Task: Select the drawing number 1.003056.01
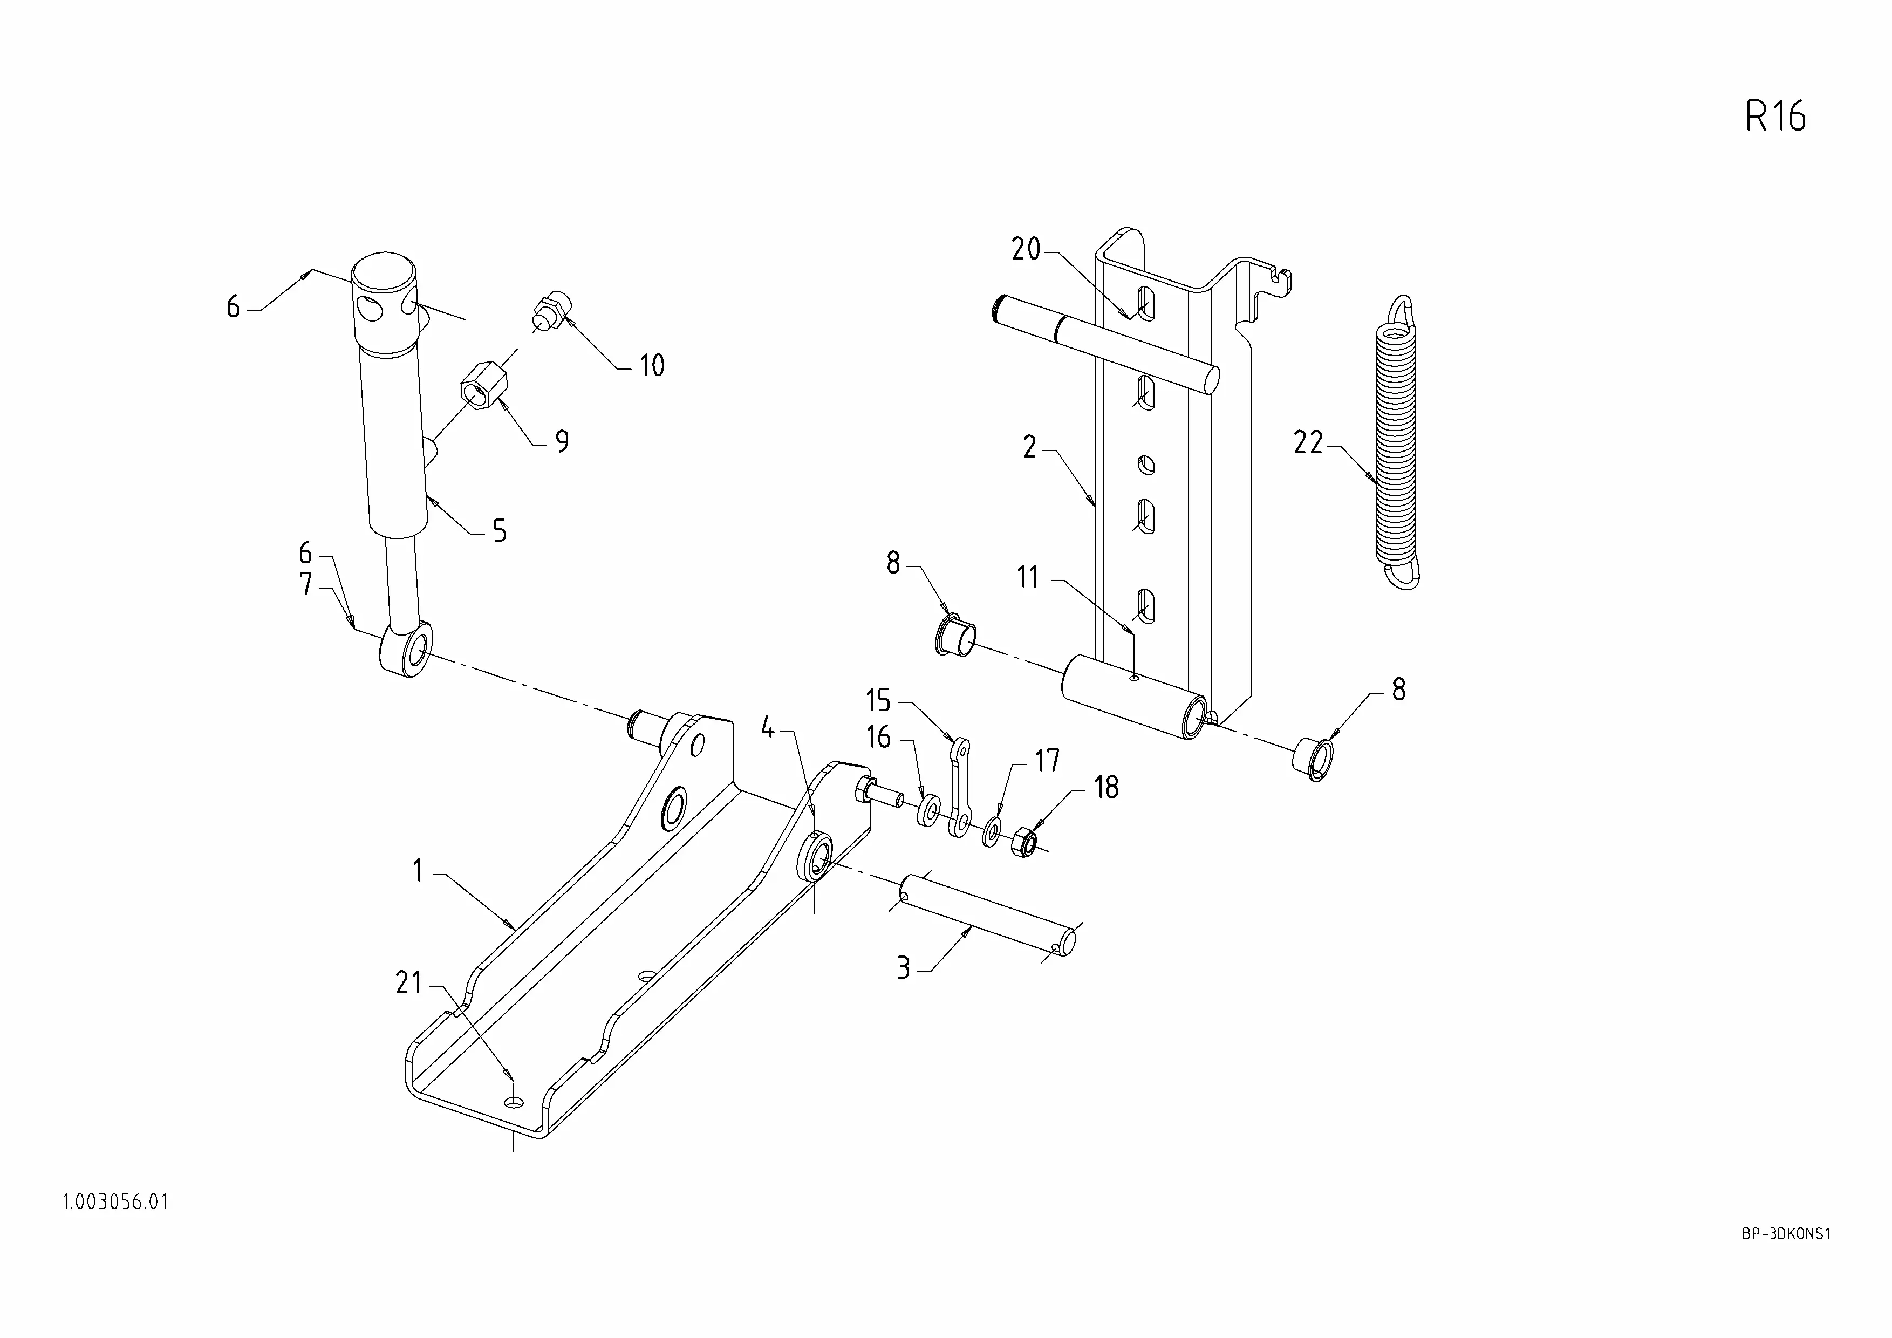115,1202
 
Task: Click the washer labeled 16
928,811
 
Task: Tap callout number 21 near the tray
409,983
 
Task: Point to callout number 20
1026,249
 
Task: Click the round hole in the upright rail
1145,466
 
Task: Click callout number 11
1028,577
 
